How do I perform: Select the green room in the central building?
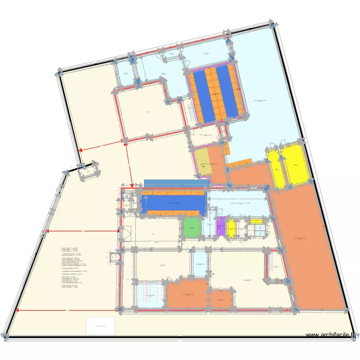click(191, 228)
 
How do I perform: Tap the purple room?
click(221, 227)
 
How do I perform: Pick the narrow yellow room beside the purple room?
click(231, 228)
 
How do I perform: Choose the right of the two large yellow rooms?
click(295, 165)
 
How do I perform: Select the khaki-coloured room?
click(204, 162)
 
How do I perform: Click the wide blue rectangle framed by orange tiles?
click(174, 204)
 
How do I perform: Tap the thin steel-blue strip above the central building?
click(176, 183)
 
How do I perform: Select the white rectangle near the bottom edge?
click(100, 326)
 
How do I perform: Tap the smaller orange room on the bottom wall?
click(221, 299)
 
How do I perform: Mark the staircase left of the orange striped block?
click(192, 113)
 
